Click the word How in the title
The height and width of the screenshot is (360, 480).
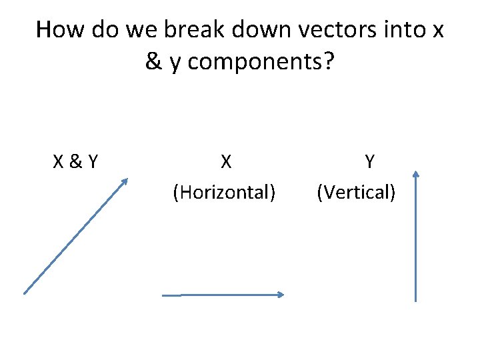(x=59, y=29)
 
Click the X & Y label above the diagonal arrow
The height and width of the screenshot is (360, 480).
(x=76, y=161)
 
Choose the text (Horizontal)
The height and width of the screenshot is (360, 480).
(x=224, y=193)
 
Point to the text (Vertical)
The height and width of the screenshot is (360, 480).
(x=357, y=193)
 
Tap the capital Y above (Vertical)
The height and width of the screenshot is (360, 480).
(x=369, y=161)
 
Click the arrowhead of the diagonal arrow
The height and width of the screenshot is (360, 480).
(x=125, y=181)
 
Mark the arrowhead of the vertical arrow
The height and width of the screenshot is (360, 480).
(x=415, y=174)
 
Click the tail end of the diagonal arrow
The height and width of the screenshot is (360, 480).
(x=25, y=293)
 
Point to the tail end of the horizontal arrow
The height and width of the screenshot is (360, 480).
(x=164, y=295)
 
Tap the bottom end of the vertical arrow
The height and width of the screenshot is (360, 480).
(x=415, y=301)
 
